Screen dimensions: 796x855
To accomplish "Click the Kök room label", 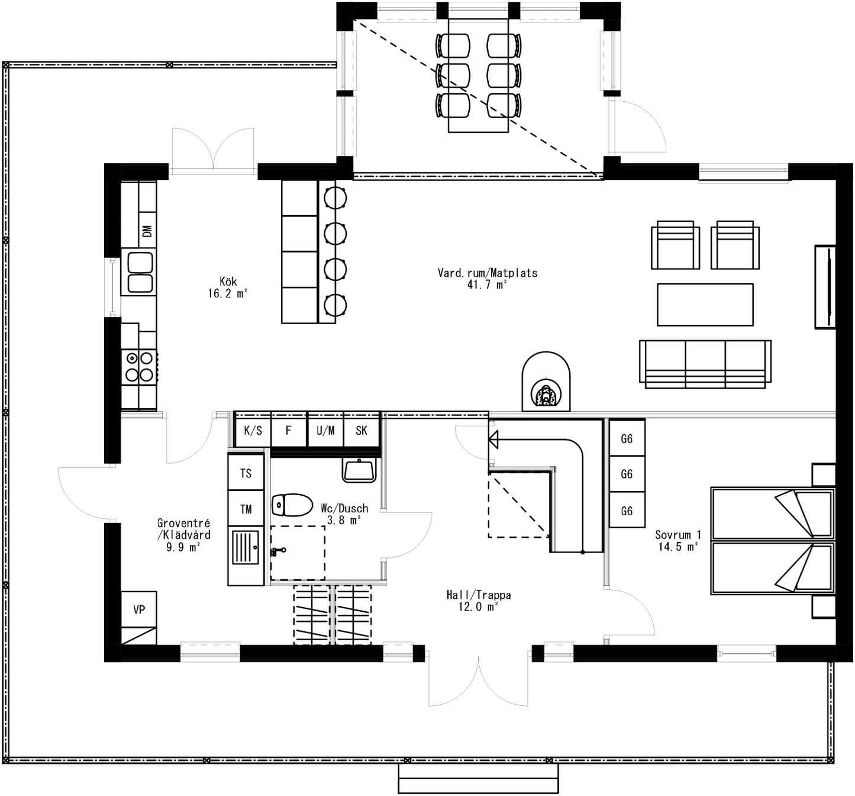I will coord(228,287).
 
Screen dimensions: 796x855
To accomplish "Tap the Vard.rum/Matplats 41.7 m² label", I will coord(488,278).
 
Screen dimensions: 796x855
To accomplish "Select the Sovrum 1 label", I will coord(677,540).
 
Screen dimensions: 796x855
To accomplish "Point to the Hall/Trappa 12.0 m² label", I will coord(478,601).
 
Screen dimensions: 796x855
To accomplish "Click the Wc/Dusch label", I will coord(344,513).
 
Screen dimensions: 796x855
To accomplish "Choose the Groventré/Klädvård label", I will coord(183,534).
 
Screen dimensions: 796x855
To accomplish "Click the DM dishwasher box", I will coord(147,230).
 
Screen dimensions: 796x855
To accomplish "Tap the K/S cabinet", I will coord(253,431).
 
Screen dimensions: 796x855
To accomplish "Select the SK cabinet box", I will coord(362,431).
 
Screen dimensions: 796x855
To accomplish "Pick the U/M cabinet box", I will coord(325,431).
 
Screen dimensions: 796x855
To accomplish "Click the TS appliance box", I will coord(246,473).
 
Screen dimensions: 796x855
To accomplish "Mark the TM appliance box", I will coord(246,509).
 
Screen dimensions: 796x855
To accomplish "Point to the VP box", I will coord(139,609).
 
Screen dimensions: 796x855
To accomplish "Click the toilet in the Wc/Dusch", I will coord(292,505).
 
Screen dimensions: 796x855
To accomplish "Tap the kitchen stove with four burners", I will coord(139,367).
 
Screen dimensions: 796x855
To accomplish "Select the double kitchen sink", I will coord(139,273).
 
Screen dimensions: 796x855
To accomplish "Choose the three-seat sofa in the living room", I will coord(705,364).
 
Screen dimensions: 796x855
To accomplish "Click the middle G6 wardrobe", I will coord(627,474).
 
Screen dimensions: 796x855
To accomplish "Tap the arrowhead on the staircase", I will coord(493,439).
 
